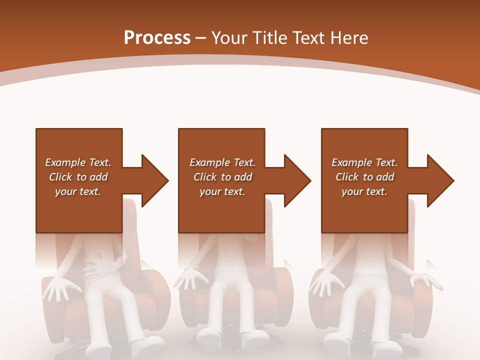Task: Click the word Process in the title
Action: coord(157,38)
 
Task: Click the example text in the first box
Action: coord(78,177)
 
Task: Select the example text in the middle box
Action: coord(222,177)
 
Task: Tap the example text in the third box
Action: coord(364,177)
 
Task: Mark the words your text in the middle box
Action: coord(222,191)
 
